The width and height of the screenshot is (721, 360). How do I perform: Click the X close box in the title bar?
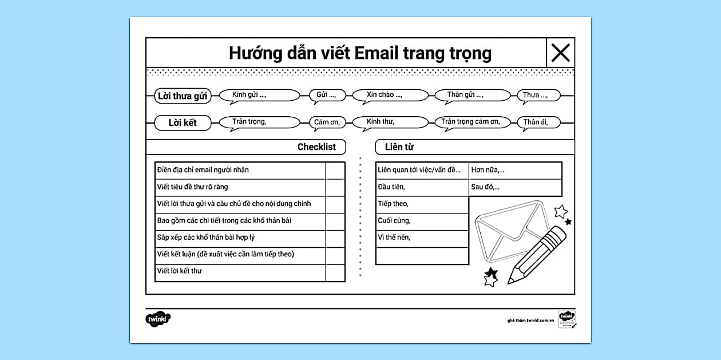[x=560, y=53]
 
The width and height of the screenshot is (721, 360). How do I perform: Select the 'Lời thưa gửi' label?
[x=183, y=96]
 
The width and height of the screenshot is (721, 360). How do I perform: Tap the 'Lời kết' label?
[x=183, y=122]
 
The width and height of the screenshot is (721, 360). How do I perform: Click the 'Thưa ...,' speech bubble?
[x=538, y=96]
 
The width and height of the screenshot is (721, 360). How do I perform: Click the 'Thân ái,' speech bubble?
[x=538, y=122]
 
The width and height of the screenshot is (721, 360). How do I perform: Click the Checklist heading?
[x=316, y=147]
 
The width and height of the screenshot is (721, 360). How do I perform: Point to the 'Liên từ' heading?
[x=399, y=147]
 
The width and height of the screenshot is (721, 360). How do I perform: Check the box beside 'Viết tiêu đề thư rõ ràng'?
[x=335, y=187]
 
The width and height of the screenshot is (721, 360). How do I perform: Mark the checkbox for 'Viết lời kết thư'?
[x=335, y=272]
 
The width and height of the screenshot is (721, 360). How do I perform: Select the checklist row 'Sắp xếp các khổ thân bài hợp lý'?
[x=240, y=238]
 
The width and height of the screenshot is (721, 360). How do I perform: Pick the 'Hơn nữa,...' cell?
[x=514, y=171]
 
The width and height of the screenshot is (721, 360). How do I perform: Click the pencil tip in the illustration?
[x=510, y=282]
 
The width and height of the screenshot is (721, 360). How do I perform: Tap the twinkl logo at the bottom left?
[x=158, y=319]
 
